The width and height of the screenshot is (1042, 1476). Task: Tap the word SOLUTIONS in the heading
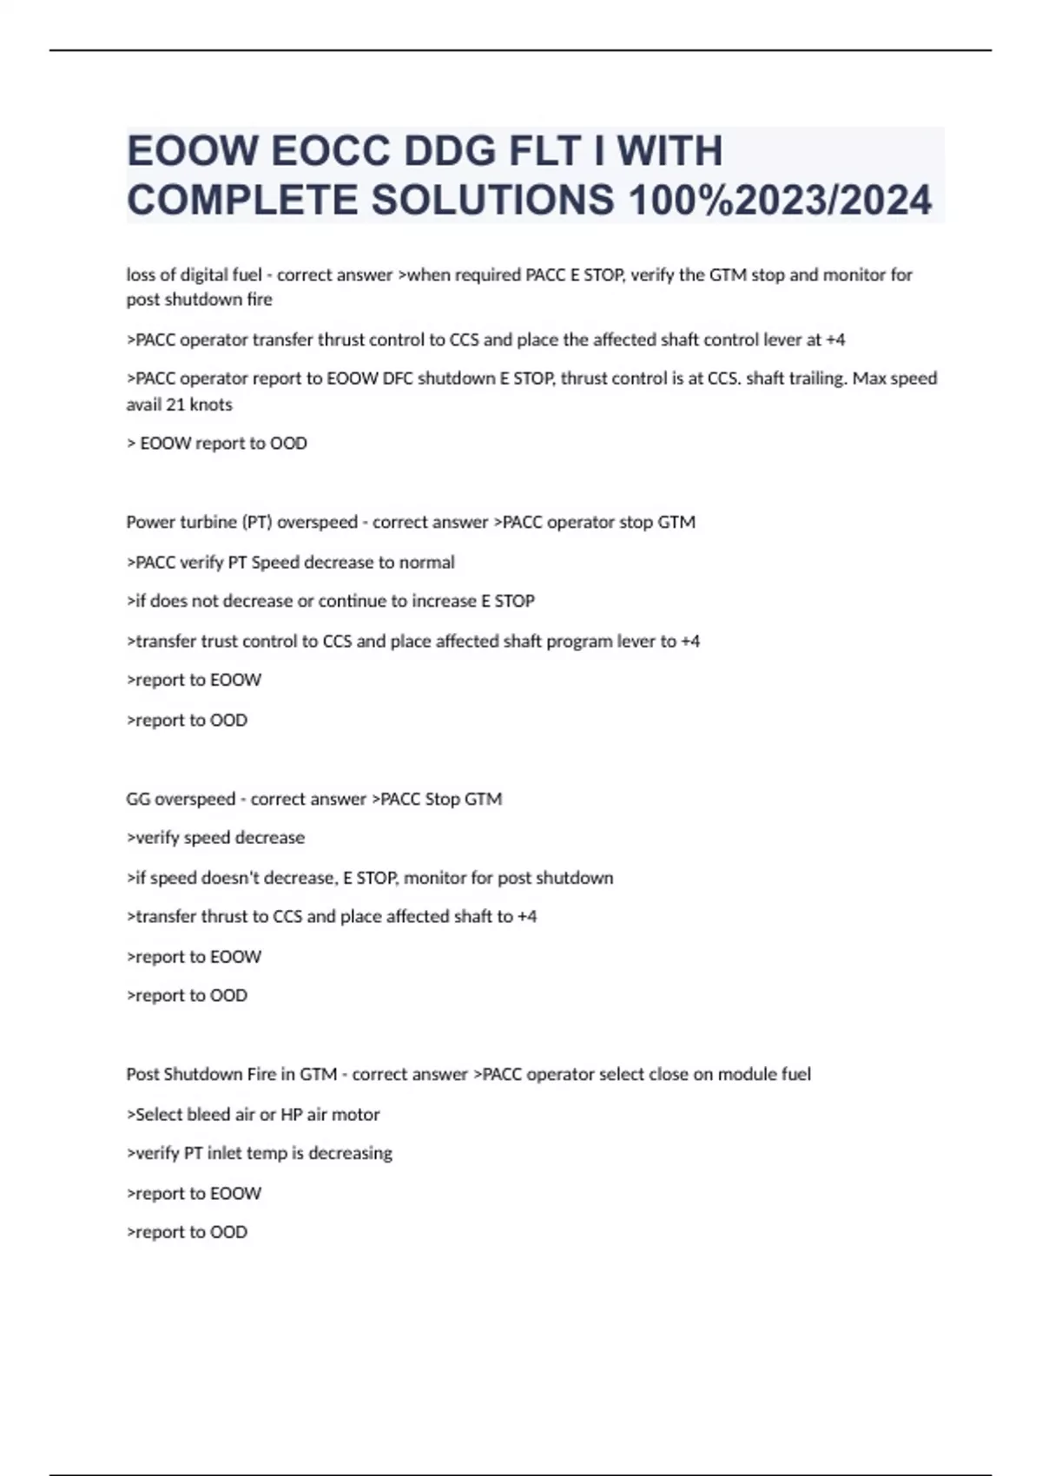click(x=492, y=201)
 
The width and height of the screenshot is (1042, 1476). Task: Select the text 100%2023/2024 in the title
click(x=780, y=201)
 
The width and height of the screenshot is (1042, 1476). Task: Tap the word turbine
click(x=208, y=523)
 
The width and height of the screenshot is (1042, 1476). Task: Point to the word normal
click(x=426, y=563)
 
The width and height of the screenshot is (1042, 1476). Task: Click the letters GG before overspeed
click(x=138, y=799)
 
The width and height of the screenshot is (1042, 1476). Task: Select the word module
click(x=722, y=1075)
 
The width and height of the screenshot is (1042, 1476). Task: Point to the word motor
click(x=357, y=1115)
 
